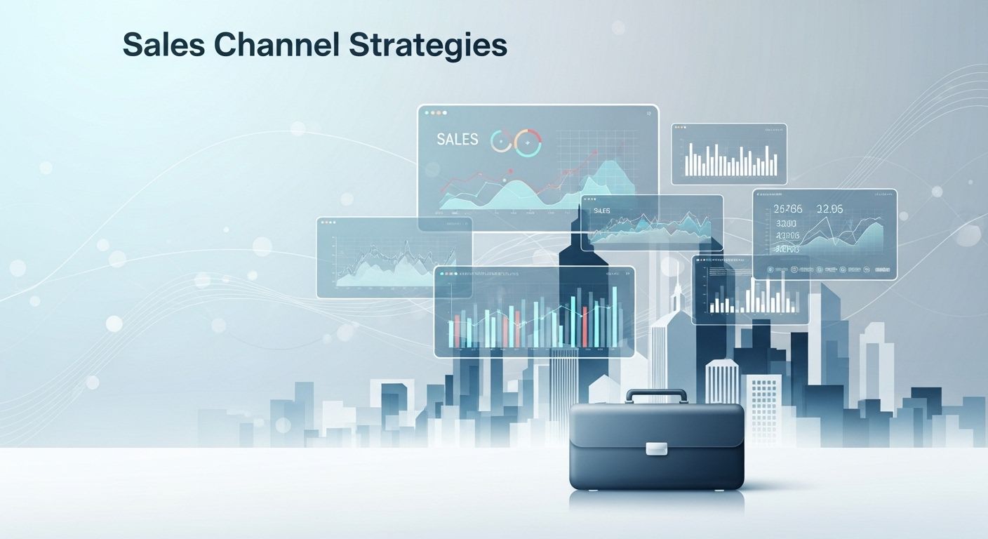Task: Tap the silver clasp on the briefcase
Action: pos(657,448)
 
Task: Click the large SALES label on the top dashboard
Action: pos(457,140)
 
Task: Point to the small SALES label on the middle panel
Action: pos(601,211)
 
